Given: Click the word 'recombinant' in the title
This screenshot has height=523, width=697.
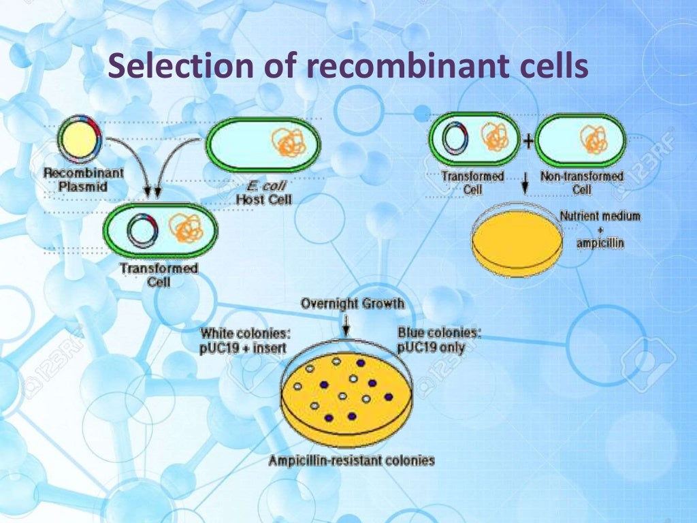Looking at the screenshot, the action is (x=407, y=65).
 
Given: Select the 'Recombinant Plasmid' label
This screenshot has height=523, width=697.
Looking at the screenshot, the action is (x=83, y=179).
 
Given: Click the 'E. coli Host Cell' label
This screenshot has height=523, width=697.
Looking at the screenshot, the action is (x=264, y=193).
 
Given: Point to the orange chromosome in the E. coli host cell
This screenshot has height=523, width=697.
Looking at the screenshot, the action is (x=289, y=142).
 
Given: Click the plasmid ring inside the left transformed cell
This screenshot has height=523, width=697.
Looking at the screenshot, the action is (x=142, y=230).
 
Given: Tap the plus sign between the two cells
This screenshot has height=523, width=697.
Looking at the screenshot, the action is (x=528, y=140).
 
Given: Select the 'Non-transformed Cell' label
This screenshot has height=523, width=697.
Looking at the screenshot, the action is (x=582, y=183).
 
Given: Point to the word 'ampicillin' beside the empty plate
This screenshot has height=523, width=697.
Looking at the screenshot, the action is (x=600, y=243).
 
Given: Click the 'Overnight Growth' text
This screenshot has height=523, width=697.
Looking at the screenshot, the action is (x=353, y=304).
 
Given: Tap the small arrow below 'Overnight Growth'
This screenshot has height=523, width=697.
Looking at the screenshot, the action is (x=346, y=325).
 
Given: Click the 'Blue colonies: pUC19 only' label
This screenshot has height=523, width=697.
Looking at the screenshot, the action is (x=439, y=340).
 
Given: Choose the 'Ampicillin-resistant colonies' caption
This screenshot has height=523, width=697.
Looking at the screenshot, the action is (x=351, y=460).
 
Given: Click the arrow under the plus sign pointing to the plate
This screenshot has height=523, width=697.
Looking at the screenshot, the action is (x=525, y=183).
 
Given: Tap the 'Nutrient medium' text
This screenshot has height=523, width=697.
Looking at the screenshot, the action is (x=600, y=217).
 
